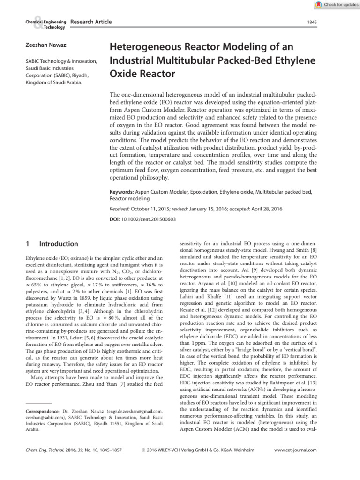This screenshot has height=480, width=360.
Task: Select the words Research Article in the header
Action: click(x=91, y=22)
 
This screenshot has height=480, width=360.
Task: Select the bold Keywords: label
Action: click(x=121, y=192)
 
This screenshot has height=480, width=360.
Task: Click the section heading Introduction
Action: click(x=59, y=244)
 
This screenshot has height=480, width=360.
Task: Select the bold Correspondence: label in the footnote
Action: click(x=41, y=411)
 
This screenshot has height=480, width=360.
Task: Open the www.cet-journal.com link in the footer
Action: click(x=297, y=450)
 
